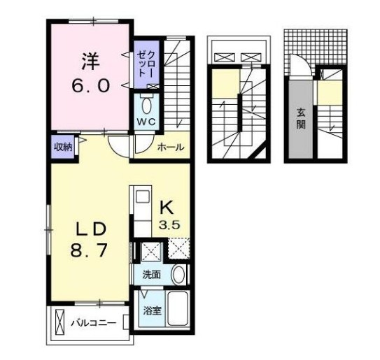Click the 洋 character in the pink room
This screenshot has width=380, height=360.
coord(90,62)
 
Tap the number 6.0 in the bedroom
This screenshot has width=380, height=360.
coord(90,86)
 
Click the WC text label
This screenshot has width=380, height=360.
coord(146,122)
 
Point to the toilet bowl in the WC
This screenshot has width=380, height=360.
coord(147,106)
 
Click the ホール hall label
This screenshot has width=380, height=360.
coord(171,147)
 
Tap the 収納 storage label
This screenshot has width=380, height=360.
coord(63,147)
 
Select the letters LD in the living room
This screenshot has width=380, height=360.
coord(90,229)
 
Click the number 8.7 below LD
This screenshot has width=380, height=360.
coord(89,250)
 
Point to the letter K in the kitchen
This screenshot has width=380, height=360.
coord(167,208)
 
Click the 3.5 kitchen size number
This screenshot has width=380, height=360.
coord(169,225)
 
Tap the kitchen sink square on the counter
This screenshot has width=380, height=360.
coord(143,196)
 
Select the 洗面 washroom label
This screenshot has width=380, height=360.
coord(152,275)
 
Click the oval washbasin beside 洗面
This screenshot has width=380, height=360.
coord(178,275)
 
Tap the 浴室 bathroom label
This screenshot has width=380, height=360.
coord(153,311)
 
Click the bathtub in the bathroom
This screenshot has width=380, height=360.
coord(178,309)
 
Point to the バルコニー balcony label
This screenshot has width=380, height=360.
coord(94,323)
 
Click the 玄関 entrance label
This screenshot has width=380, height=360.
coord(301,119)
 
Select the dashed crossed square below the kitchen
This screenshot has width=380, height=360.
coord(179,249)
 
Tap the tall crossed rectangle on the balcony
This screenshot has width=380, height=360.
coord(59,322)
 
